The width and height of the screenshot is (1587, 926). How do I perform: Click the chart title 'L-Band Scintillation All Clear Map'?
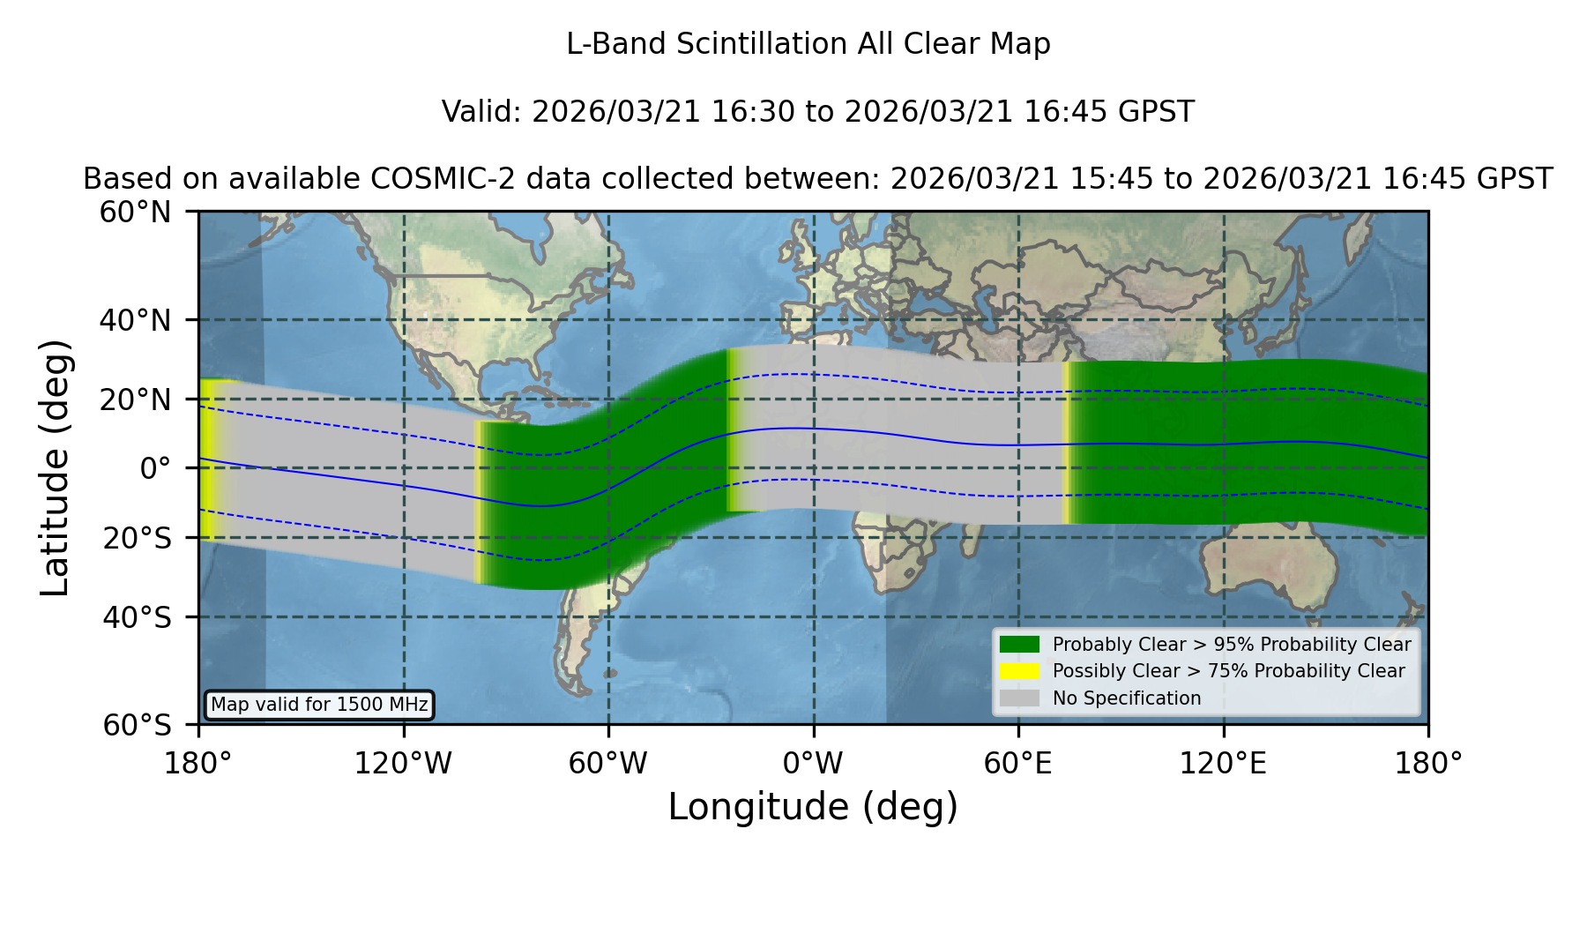coord(808,44)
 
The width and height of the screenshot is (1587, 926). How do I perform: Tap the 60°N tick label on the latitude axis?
coord(136,212)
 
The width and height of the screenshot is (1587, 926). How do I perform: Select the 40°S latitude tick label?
coord(138,617)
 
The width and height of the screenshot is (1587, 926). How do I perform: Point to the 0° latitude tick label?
coord(155,467)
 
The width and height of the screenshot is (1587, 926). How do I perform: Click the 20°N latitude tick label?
coord(136,400)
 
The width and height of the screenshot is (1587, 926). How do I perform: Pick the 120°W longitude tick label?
coord(403,763)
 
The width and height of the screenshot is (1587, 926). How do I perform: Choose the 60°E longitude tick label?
coord(1018,763)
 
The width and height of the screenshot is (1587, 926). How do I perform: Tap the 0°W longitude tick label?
coord(814,763)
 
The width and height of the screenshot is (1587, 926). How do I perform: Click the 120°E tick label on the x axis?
coord(1223,763)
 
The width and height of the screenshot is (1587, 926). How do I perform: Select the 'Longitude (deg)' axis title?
coord(813,807)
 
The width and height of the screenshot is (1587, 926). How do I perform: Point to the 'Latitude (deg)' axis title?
coord(56,467)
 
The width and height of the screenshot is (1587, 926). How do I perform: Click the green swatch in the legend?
coord(1020,645)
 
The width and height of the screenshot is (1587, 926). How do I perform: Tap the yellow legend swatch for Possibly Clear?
coord(1020,671)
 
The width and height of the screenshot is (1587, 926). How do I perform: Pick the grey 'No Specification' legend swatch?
coord(1020,698)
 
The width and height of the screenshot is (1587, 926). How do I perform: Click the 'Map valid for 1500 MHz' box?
coord(319,705)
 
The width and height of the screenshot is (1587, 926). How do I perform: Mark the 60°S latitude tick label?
coord(138,725)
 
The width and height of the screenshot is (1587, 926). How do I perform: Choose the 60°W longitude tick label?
coord(608,763)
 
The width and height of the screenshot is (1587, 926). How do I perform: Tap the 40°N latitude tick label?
coord(136,320)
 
